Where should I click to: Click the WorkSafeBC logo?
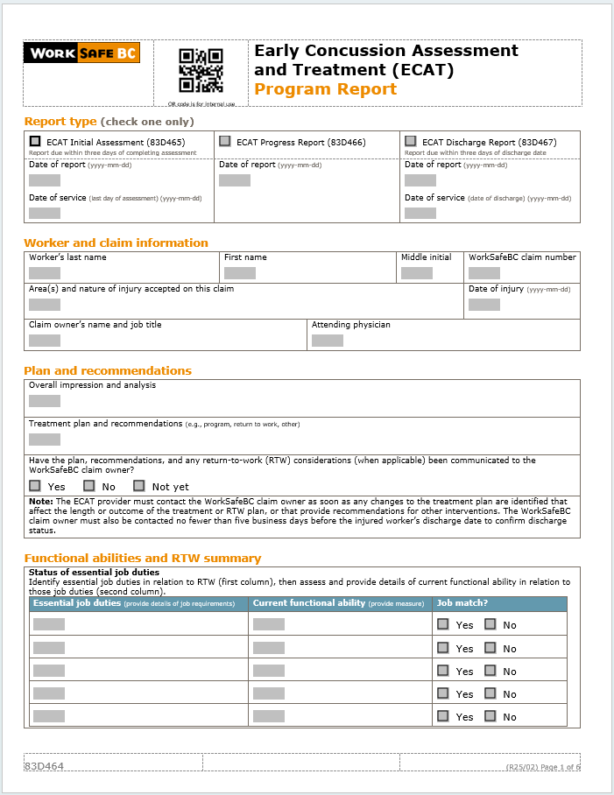[81, 53]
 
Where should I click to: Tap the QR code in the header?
[201, 70]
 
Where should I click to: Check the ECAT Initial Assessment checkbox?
[35, 141]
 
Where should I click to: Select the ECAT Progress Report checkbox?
[225, 141]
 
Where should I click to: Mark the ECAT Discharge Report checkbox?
[411, 141]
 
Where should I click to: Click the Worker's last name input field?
[45, 273]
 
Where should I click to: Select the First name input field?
[240, 273]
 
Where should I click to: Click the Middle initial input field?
[417, 273]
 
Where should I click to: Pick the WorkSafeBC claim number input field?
[484, 273]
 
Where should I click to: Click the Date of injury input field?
[484, 305]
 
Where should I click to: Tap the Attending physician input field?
[328, 341]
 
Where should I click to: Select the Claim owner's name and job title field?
[45, 341]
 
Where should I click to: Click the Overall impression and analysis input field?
[45, 401]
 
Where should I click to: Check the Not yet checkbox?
[138, 486]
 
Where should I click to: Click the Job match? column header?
[462, 603]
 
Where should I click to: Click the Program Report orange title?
[325, 89]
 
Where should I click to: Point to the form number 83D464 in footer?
[44, 766]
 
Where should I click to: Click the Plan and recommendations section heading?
[108, 370]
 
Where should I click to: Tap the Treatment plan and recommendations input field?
[45, 440]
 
